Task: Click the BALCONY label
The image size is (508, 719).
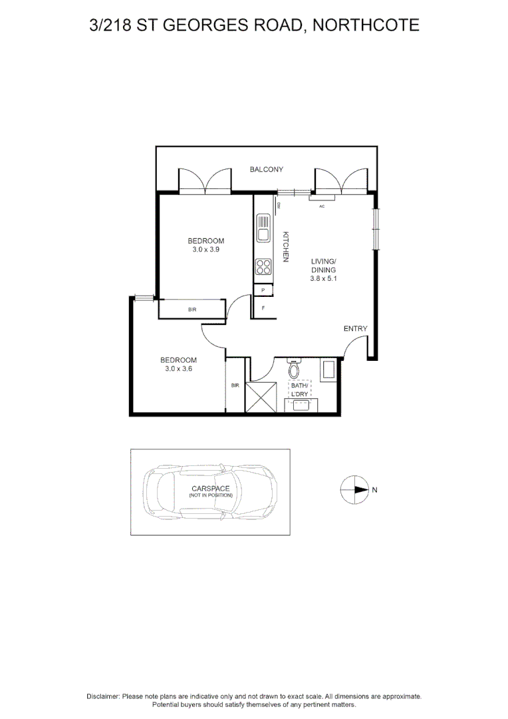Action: [267, 170]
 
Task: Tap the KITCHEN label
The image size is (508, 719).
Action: [285, 246]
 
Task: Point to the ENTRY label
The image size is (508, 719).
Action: [355, 329]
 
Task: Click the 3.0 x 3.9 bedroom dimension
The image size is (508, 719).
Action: [205, 250]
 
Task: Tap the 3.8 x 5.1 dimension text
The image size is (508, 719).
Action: [324, 280]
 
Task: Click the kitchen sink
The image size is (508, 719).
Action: [263, 228]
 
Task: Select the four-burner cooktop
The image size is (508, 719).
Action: [263, 267]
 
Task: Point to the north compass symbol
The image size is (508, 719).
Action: [354, 490]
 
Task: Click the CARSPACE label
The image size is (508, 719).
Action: [210, 489]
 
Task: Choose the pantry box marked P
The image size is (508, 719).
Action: [263, 290]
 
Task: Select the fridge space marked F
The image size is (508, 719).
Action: [263, 308]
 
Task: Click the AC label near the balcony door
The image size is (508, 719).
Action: [322, 206]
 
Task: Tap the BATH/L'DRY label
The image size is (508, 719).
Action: [299, 390]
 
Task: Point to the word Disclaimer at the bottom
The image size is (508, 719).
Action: [103, 696]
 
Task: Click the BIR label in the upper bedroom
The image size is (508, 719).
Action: [192, 310]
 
